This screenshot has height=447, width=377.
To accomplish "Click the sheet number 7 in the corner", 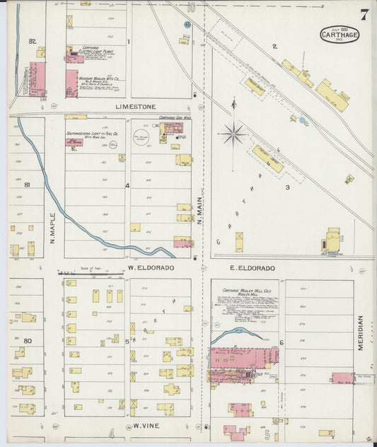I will coord(362,15).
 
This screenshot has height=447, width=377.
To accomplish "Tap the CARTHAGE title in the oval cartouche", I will coord(340,34).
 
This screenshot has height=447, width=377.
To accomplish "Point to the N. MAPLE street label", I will coord(53,230).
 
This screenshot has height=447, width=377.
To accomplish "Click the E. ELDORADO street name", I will coord(252,268).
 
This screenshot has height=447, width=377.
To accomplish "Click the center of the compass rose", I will coord(232,132).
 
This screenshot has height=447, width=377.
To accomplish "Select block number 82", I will coord(32,42).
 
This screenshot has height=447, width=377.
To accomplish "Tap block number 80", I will coord(28,341).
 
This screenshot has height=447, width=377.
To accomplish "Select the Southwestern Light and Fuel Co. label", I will coord(95,134).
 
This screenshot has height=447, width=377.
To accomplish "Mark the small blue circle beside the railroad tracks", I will coord(302,121).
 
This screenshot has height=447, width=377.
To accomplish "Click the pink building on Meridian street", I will coord(342,378).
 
